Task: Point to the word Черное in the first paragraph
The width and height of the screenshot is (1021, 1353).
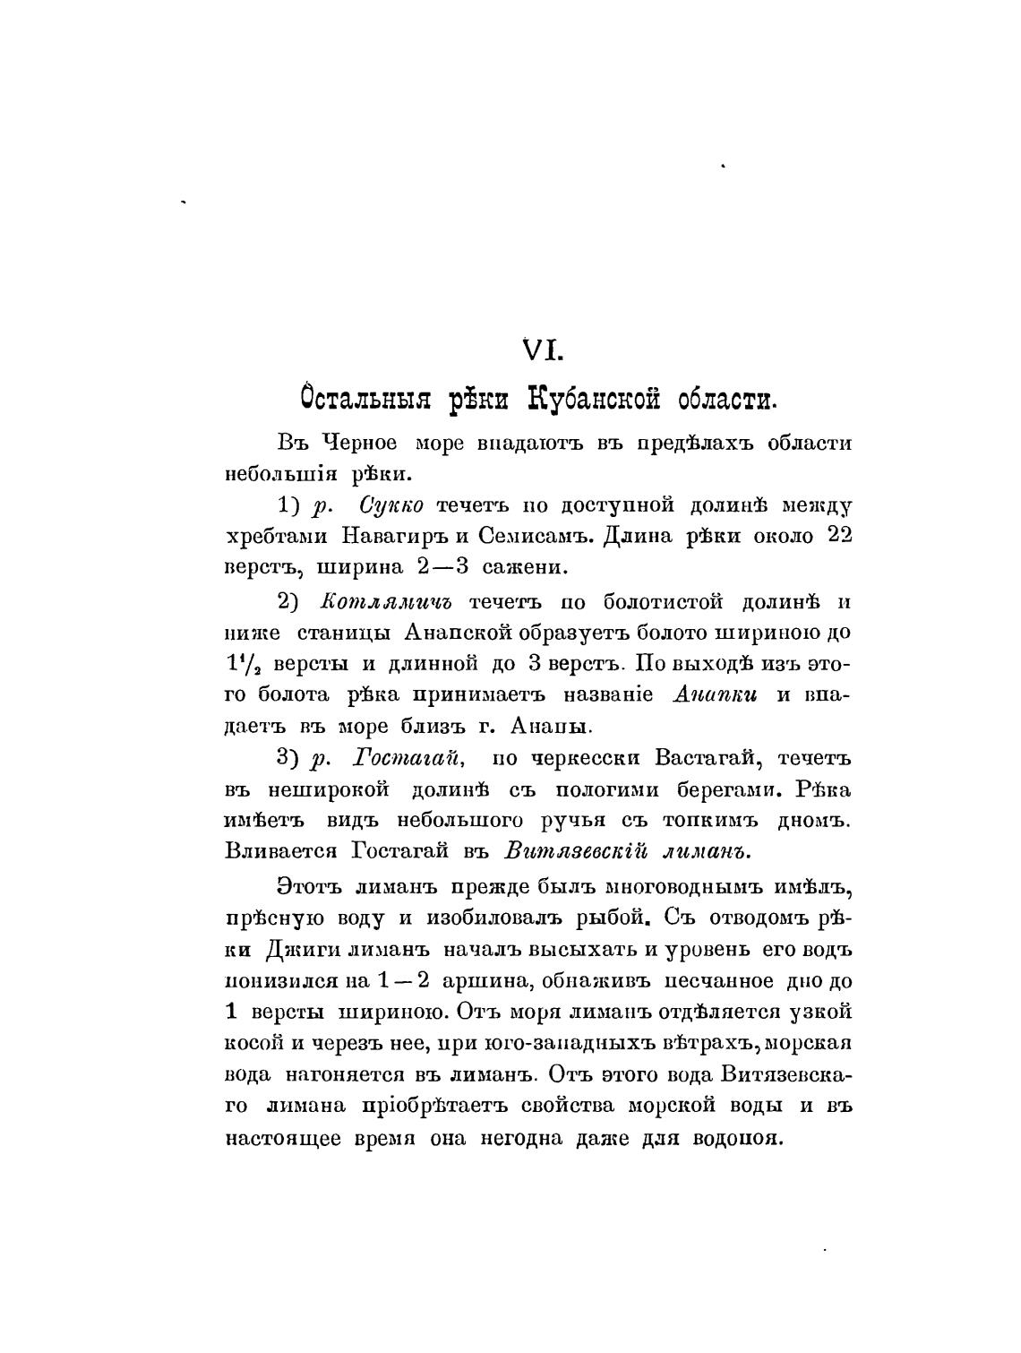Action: point(359,444)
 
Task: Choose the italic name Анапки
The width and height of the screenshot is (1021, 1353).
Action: point(714,695)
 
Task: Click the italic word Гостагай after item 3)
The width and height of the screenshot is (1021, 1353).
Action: point(409,758)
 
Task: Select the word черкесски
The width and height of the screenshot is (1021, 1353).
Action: point(585,758)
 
